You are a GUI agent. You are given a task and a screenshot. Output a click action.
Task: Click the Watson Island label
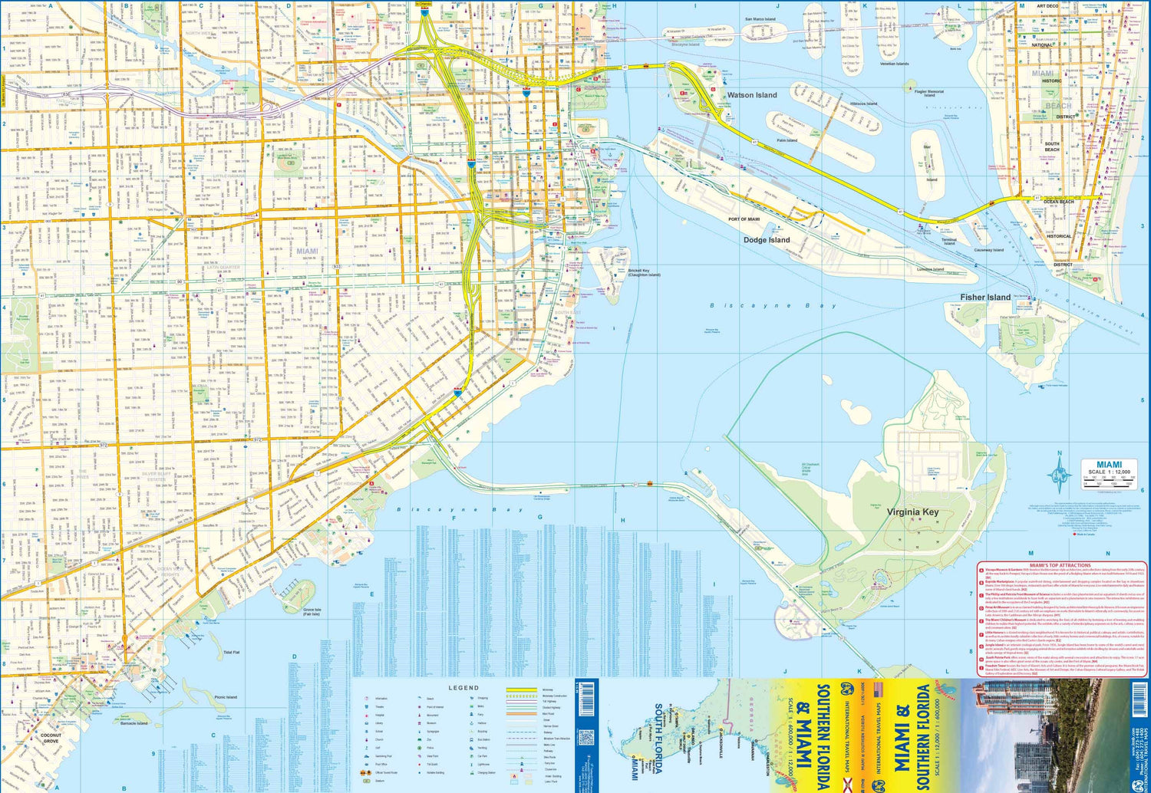751,95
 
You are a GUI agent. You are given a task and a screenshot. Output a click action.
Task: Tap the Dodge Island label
766,240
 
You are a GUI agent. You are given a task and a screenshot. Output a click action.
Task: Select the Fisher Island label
985,298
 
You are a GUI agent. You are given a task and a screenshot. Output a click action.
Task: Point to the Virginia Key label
912,512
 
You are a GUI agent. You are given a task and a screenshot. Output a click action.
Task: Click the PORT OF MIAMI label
744,219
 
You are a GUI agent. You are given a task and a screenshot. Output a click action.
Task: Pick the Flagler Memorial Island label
929,94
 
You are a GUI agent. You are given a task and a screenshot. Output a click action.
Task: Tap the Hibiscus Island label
863,104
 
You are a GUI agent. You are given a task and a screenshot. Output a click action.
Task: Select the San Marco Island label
760,19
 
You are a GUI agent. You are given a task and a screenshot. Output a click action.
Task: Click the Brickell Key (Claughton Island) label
644,272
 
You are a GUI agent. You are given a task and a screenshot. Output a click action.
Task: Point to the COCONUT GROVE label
51,739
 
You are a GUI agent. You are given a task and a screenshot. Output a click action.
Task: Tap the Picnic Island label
226,697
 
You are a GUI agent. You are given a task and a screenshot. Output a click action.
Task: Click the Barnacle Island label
134,723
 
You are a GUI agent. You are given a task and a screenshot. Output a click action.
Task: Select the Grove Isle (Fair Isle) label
311,611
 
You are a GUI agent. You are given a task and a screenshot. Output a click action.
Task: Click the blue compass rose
1060,477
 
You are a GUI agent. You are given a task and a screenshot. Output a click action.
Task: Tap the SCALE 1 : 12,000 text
1109,472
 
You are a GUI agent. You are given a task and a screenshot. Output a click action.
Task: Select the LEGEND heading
463,688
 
